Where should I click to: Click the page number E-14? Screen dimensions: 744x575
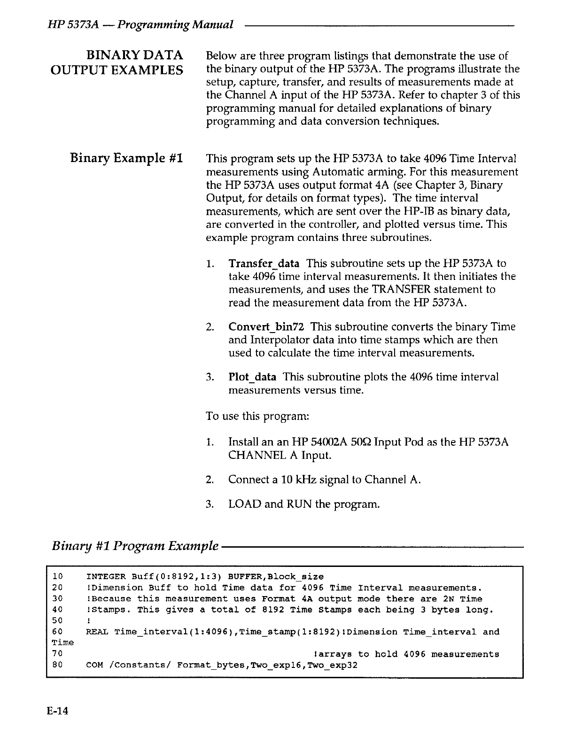(x=57, y=711)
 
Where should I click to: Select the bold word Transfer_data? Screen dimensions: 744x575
(x=264, y=263)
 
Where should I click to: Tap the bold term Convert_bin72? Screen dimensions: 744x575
(x=266, y=327)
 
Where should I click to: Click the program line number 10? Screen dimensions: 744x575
(x=57, y=576)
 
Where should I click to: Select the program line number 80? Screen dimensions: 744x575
(x=57, y=665)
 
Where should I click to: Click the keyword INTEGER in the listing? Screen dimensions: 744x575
(x=106, y=576)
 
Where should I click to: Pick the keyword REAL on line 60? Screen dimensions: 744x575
(x=97, y=632)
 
